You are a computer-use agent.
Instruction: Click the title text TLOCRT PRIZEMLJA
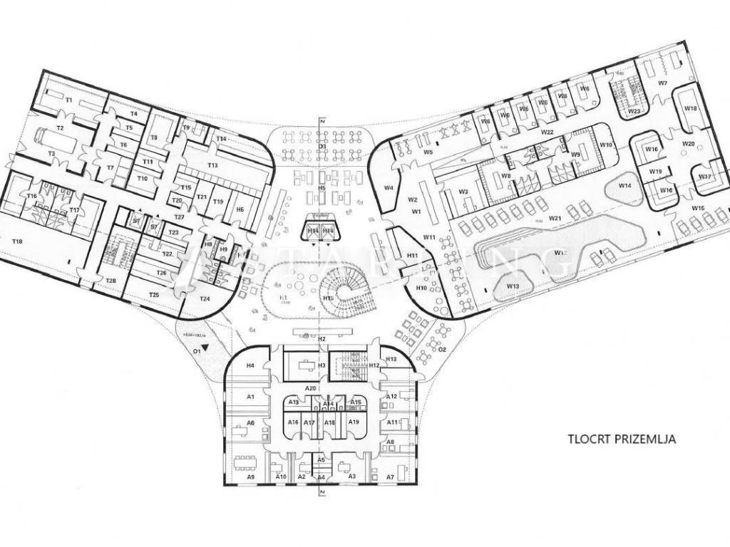pyautogui.click(x=621, y=439)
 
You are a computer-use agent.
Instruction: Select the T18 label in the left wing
pyautogui.click(x=17, y=241)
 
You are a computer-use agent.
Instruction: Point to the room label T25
pyautogui.click(x=153, y=294)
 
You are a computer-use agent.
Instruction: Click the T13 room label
pyautogui.click(x=212, y=165)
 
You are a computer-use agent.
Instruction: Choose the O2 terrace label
pyautogui.click(x=442, y=350)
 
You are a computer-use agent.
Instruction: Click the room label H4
pyautogui.click(x=250, y=365)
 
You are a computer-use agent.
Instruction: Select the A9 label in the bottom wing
pyautogui.click(x=250, y=476)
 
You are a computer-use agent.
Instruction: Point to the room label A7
pyautogui.click(x=390, y=476)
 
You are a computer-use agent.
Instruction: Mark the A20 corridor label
pyautogui.click(x=311, y=387)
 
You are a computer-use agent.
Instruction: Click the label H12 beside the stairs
pyautogui.click(x=374, y=365)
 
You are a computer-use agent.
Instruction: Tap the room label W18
pyautogui.click(x=690, y=108)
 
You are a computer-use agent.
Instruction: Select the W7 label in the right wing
pyautogui.click(x=662, y=83)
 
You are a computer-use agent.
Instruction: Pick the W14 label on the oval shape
pyautogui.click(x=624, y=186)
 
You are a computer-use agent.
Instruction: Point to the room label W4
pyautogui.click(x=389, y=188)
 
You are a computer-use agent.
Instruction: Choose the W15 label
pyautogui.click(x=698, y=208)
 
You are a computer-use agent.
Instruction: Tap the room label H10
pyautogui.click(x=421, y=288)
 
